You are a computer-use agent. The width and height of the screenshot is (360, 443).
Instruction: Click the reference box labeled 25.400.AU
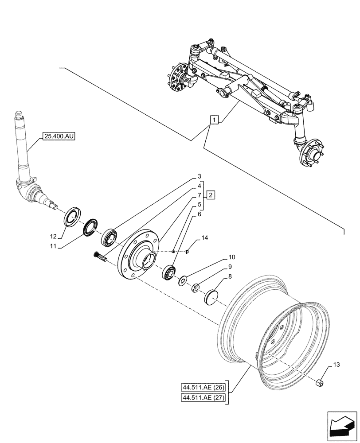[x=60, y=136]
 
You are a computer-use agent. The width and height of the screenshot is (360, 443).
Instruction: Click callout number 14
[x=204, y=238]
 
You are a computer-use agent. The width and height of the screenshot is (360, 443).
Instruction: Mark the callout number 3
[x=200, y=176]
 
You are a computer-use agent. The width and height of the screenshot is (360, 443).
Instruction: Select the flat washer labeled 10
[x=182, y=281]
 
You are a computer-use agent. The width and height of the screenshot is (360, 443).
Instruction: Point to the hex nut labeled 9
[x=196, y=289]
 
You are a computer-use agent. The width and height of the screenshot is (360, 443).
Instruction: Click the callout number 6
[x=200, y=214]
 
